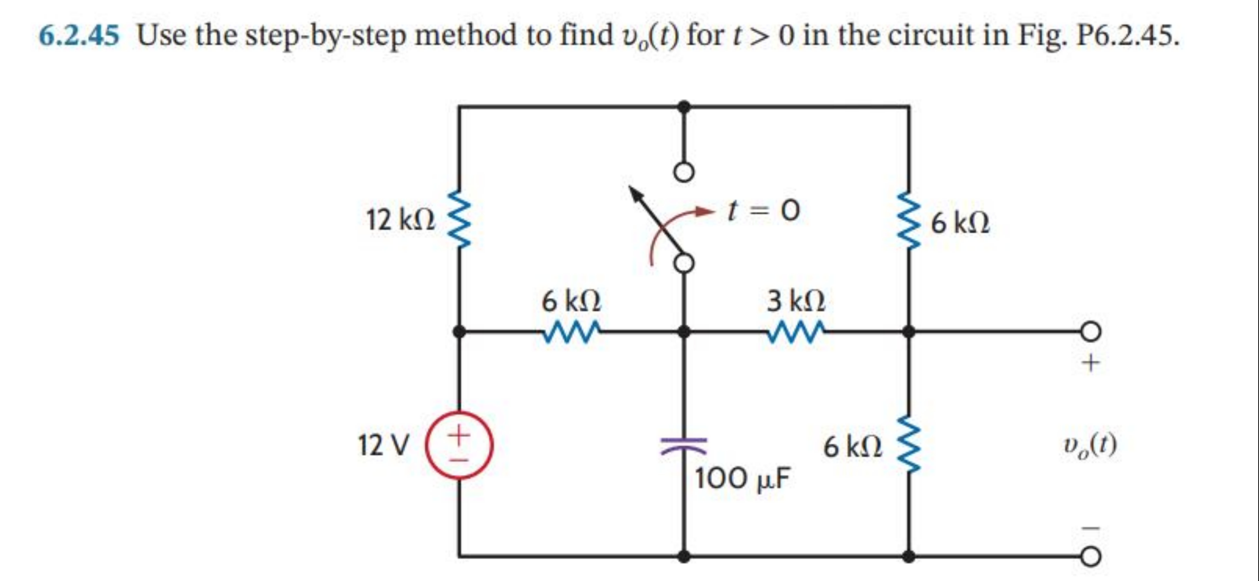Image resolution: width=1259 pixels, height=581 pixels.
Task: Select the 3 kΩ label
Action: click(796, 301)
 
